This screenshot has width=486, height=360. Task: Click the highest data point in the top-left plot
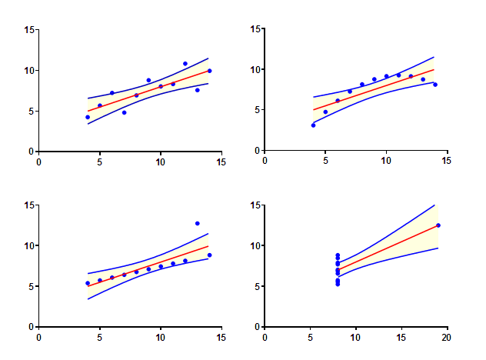click(185, 64)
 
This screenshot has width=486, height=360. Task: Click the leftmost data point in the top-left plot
click(88, 117)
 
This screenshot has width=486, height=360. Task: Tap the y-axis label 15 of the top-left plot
click(30, 30)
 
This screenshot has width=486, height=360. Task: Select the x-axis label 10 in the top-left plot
click(161, 162)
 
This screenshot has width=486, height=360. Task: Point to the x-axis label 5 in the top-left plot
click(100, 162)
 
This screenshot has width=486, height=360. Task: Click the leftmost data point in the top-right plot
click(313, 125)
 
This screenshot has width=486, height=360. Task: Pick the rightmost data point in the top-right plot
click(435, 85)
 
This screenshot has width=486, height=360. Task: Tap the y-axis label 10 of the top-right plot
click(256, 70)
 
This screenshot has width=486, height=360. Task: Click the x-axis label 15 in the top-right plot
click(447, 162)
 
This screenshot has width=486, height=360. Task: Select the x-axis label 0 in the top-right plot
click(265, 162)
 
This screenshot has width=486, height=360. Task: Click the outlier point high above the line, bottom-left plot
click(198, 223)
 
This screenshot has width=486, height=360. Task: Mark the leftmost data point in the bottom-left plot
click(88, 283)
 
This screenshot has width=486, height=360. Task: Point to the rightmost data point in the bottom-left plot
click(209, 255)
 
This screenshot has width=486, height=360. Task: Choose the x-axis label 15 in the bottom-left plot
click(221, 337)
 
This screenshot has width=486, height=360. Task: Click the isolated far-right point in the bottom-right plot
click(438, 225)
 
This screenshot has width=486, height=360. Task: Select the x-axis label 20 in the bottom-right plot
click(447, 337)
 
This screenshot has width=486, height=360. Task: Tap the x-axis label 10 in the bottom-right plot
click(356, 337)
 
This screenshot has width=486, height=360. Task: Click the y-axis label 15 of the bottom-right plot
click(256, 205)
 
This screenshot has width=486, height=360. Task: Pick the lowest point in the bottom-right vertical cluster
click(338, 284)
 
